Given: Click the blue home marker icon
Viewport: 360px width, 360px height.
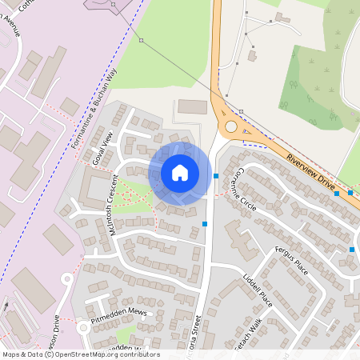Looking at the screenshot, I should pyautogui.click(x=180, y=173).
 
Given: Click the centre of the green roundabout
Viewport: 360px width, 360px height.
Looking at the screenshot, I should pyautogui.click(x=232, y=126).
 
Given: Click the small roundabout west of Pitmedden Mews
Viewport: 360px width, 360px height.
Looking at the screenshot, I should pyautogui.click(x=82, y=327).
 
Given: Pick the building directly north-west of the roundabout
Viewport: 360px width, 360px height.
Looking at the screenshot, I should pyautogui.click(x=192, y=106).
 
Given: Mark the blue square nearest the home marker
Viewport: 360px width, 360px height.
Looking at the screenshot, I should pyautogui.click(x=216, y=175).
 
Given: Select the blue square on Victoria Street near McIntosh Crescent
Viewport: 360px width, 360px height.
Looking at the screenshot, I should pyautogui.click(x=206, y=224).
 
